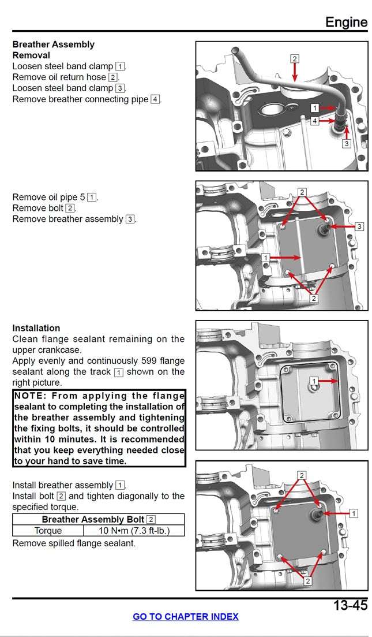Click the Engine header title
[x=346, y=22]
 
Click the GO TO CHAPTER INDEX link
[x=185, y=616]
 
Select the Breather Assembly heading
[x=53, y=44]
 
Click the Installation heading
[x=36, y=328]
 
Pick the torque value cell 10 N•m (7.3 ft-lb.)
[x=134, y=531]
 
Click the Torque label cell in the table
[x=48, y=531]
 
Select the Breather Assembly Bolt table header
[x=98, y=519]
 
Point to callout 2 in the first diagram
[x=295, y=59]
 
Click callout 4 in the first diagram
[x=314, y=121]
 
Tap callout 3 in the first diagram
[x=346, y=144]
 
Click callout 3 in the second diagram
[x=359, y=227]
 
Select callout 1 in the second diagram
[x=265, y=258]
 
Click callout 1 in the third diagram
[x=314, y=381]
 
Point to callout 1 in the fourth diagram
[x=354, y=513]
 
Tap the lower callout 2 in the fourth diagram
[x=307, y=581]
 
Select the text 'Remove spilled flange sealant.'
[x=74, y=543]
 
